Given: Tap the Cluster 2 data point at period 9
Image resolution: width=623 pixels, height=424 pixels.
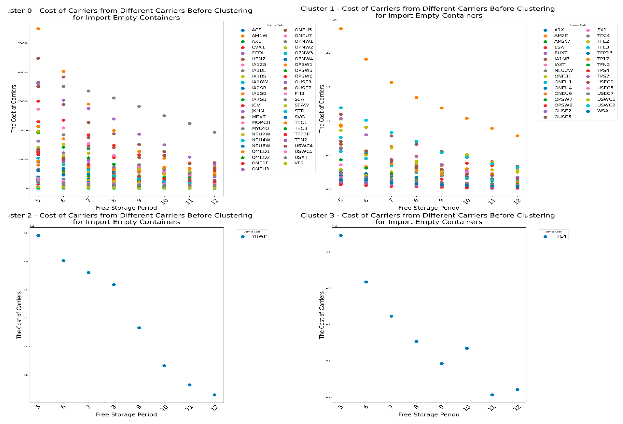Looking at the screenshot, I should tap(139, 328).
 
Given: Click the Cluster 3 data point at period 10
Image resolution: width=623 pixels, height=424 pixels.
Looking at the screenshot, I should tap(466, 348).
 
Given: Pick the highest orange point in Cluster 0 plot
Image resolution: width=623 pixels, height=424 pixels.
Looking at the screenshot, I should tap(38, 29).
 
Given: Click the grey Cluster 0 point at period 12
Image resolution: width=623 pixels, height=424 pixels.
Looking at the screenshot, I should tap(214, 132).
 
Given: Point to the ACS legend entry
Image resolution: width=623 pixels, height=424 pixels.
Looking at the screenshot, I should tap(256, 30).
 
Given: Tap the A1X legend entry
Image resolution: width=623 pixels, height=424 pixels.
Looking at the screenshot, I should tap(559, 30).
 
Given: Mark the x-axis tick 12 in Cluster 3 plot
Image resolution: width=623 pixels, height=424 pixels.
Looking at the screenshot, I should tap(517, 407).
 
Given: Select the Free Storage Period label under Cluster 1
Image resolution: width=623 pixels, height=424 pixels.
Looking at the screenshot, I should tap(429, 208).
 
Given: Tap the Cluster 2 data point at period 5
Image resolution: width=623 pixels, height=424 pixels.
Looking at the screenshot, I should tap(38, 235).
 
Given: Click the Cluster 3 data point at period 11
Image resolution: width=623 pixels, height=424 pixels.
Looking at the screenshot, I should tap(492, 395).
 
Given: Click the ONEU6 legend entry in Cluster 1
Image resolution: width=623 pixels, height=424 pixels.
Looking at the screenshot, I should tap(563, 93).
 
